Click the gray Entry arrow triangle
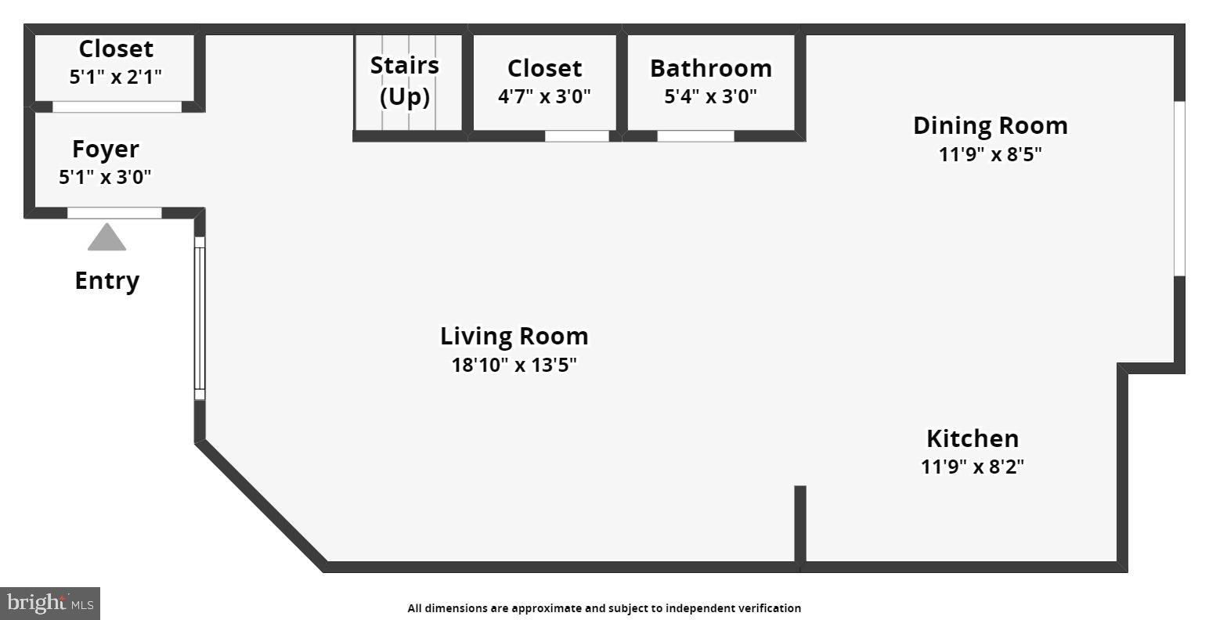pyautogui.click(x=106, y=239)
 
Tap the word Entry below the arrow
pyautogui.click(x=107, y=280)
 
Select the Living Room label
pyautogui.click(x=514, y=336)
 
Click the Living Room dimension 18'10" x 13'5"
pyautogui.click(x=514, y=365)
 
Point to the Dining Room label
pyautogui.click(x=990, y=125)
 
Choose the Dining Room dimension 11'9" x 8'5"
pyautogui.click(x=990, y=154)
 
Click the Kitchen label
pyautogui.click(x=973, y=438)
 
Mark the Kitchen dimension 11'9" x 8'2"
pyautogui.click(x=973, y=467)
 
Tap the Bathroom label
pyautogui.click(x=711, y=68)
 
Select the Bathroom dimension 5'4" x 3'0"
pyautogui.click(x=711, y=97)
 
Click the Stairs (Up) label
pyautogui.click(x=405, y=81)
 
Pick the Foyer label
pyautogui.click(x=106, y=149)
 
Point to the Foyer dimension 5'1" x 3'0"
pyautogui.click(x=106, y=177)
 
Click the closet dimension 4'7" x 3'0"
pyautogui.click(x=544, y=97)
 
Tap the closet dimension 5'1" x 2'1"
pyautogui.click(x=116, y=77)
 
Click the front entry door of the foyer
pyautogui.click(x=114, y=213)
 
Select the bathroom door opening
pyautogui.click(x=695, y=136)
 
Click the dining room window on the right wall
pyautogui.click(x=1179, y=188)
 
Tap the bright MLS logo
pyautogui.click(x=50, y=603)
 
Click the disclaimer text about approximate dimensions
pyautogui.click(x=604, y=608)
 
